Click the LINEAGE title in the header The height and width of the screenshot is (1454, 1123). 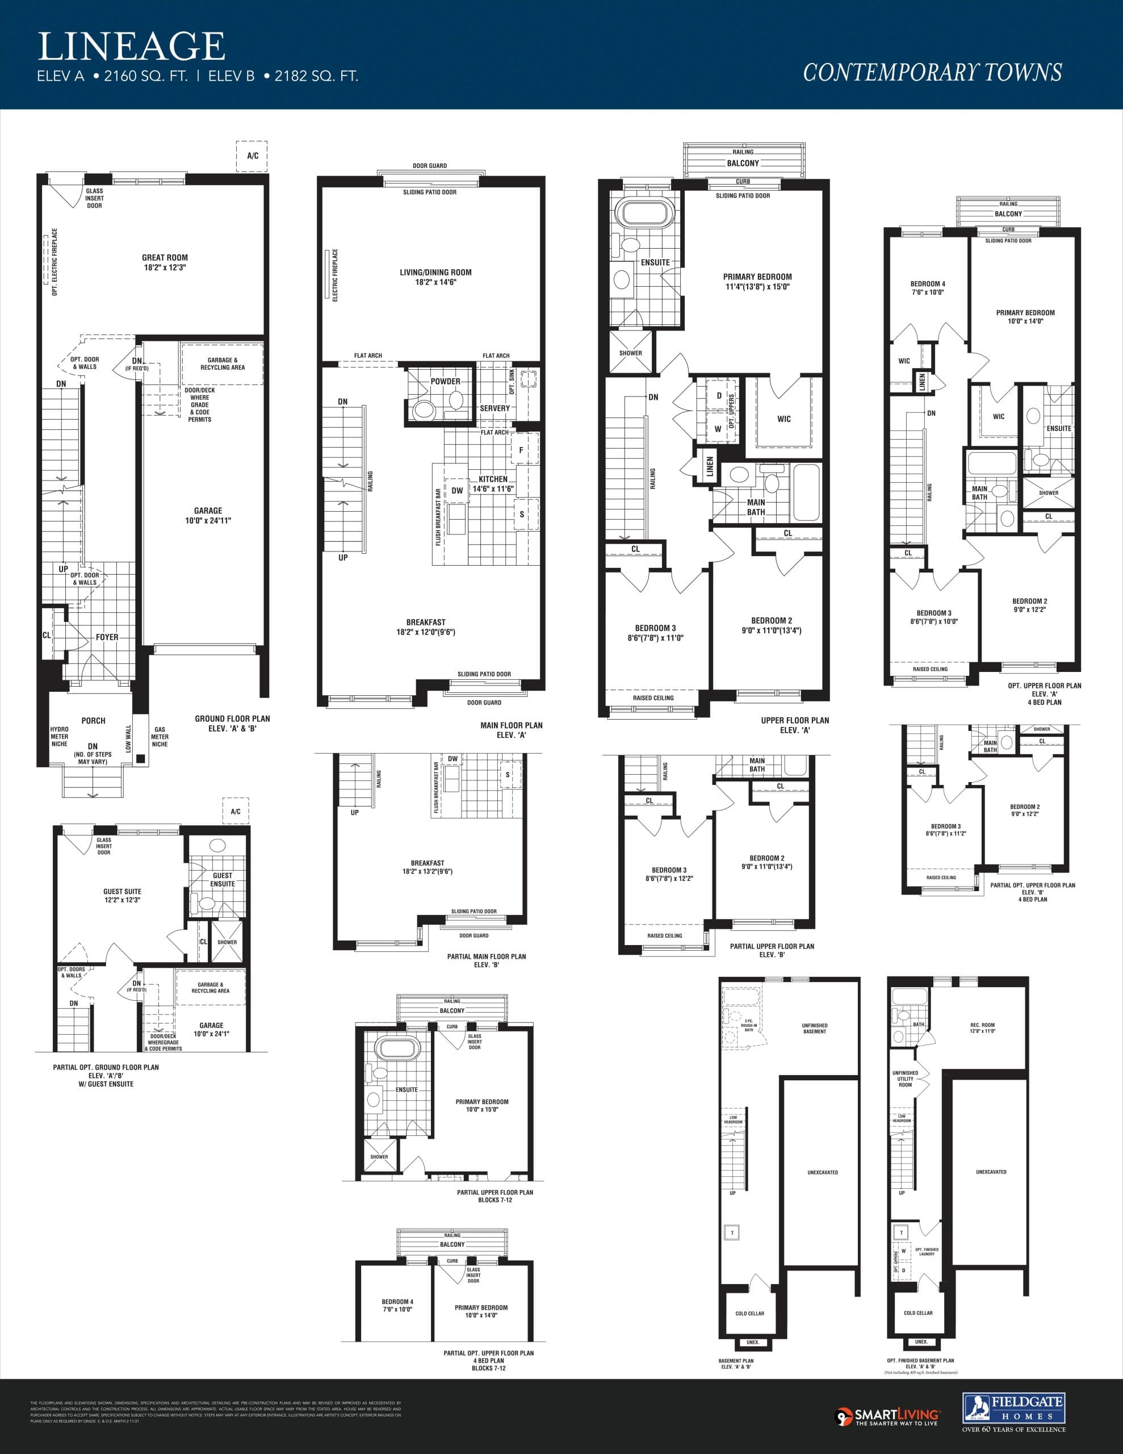(131, 47)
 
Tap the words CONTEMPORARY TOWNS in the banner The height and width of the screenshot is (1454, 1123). (932, 72)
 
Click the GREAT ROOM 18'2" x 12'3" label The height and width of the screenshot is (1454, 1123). (165, 262)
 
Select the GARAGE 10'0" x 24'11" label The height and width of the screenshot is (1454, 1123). (208, 515)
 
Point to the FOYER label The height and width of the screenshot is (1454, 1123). (107, 637)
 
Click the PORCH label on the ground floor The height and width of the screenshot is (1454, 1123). (93, 720)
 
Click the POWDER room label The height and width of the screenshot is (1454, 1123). (445, 382)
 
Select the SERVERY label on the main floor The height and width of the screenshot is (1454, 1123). (495, 408)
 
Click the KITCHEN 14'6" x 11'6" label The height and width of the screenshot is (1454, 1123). (493, 483)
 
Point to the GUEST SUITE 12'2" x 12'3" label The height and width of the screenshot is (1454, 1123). (122, 896)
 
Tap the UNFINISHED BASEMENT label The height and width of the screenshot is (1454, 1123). (814, 1029)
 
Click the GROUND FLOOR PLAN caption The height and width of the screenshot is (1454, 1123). (232, 723)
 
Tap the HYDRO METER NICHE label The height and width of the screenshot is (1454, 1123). (59, 736)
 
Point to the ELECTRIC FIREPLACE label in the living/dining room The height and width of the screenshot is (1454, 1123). (336, 275)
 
